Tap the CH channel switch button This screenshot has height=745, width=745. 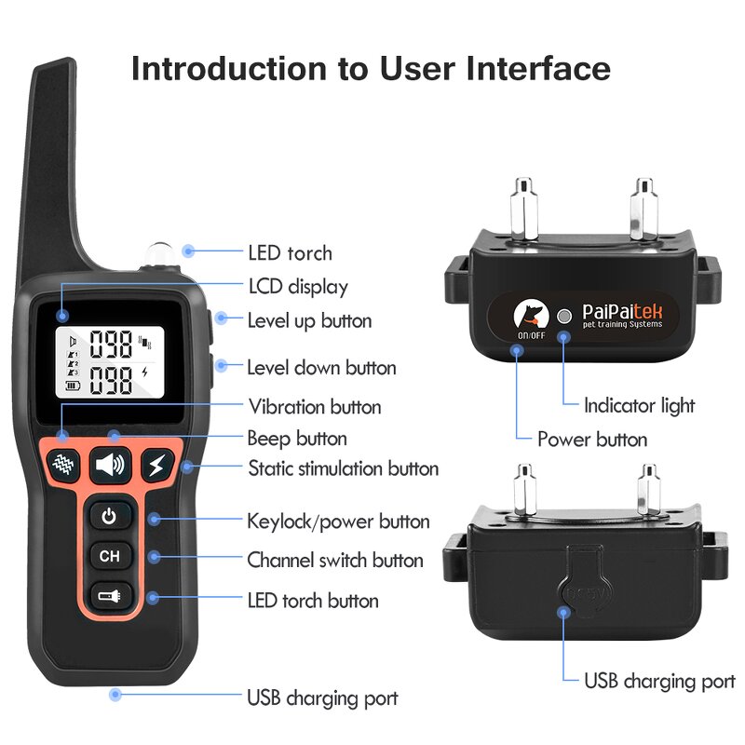pos(110,556)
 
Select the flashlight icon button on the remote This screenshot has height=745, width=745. pos(110,595)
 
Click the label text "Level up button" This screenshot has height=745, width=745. pos(309,320)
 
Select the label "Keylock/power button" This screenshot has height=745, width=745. pos(338,521)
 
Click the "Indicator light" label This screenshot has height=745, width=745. pos(639,405)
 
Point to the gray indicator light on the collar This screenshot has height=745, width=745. pos(562,316)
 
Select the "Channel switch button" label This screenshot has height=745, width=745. pos(335,561)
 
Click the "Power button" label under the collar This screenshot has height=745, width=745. pos(592,439)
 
